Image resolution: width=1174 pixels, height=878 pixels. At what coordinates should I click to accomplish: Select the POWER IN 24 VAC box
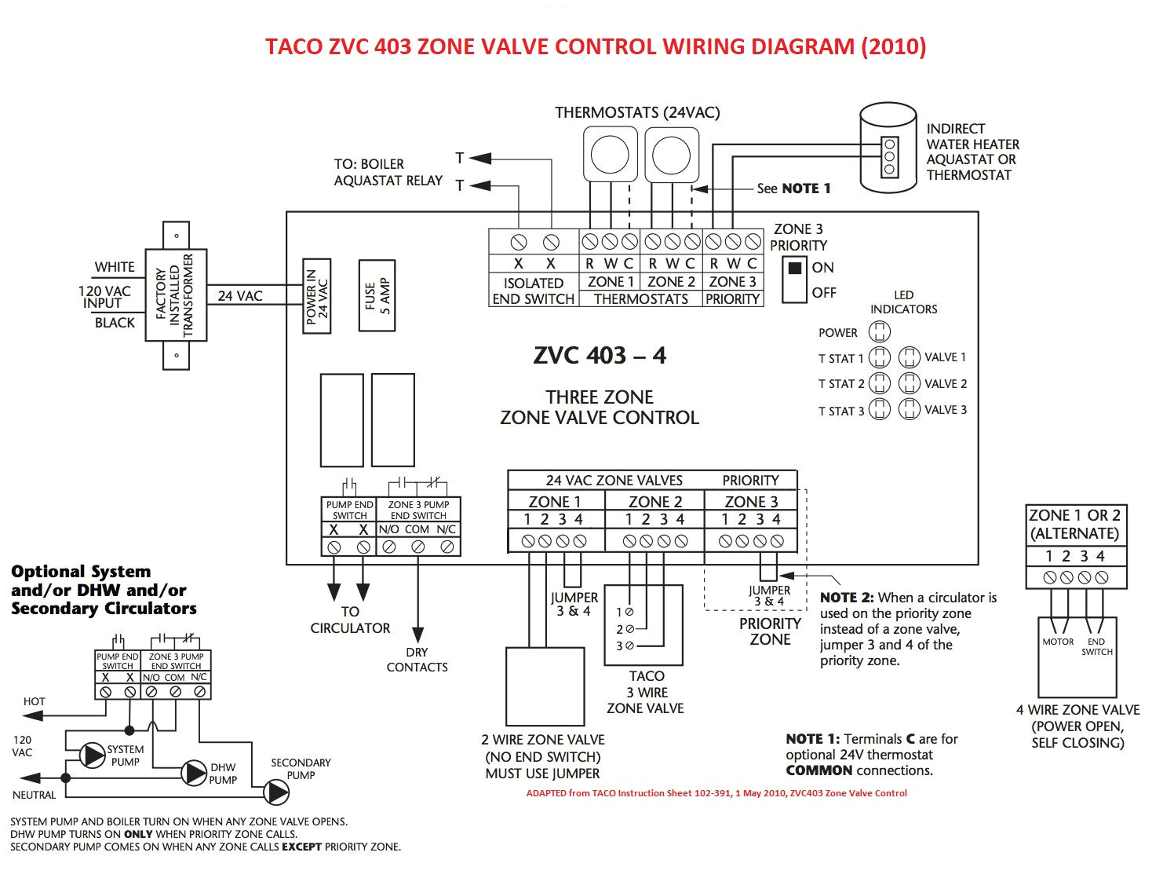pos(317,296)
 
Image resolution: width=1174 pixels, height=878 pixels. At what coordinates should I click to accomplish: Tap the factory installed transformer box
pos(176,295)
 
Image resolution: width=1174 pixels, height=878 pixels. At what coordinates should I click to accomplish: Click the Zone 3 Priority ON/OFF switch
pos(794,280)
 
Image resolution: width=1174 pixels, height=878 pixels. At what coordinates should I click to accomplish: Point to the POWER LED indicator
pos(880,332)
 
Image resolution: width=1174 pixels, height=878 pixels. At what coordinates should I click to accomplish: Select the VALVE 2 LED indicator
pos(909,383)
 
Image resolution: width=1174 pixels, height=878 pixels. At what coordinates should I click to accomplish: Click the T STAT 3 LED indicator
pos(880,410)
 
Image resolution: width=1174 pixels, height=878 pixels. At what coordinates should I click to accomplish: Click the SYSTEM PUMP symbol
pos(93,755)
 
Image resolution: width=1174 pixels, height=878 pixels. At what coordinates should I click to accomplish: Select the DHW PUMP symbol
pos(194,773)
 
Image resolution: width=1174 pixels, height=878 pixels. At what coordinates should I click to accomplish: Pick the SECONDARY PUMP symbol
pos(276,792)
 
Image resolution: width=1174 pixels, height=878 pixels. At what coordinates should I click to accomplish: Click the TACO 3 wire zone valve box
pos(644,625)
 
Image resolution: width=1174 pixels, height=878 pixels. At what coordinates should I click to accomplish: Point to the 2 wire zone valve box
pos(545,686)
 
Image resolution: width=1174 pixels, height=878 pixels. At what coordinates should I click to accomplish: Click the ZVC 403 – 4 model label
pos(600,356)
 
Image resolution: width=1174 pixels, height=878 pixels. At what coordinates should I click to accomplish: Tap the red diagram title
pos(595,46)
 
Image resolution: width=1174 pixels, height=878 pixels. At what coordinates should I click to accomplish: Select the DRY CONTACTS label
pos(417,660)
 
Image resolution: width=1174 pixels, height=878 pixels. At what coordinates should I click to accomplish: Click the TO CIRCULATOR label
pos(350,620)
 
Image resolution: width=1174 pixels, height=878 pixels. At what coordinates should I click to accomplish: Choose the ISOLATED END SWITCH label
pos(534,291)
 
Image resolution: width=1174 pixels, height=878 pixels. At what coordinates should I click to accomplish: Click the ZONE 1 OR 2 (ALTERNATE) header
pos(1074,525)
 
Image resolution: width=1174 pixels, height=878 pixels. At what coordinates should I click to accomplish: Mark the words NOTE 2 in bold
pos(846,598)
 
